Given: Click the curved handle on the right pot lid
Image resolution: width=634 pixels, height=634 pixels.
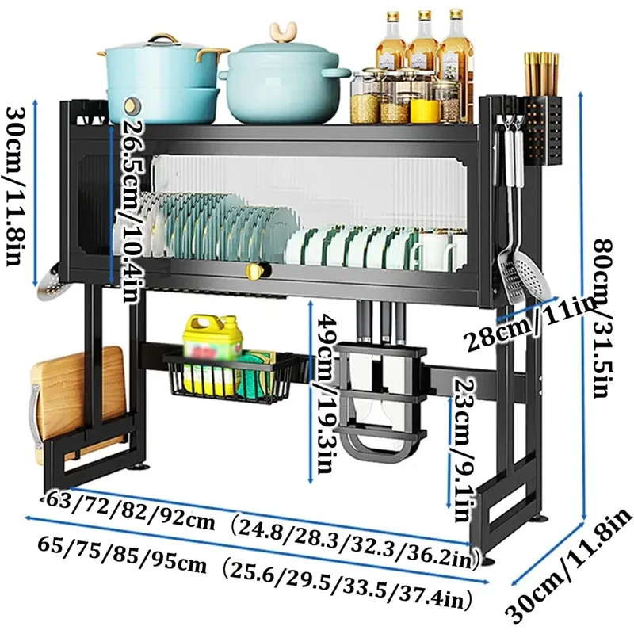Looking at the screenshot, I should point(282,32).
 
